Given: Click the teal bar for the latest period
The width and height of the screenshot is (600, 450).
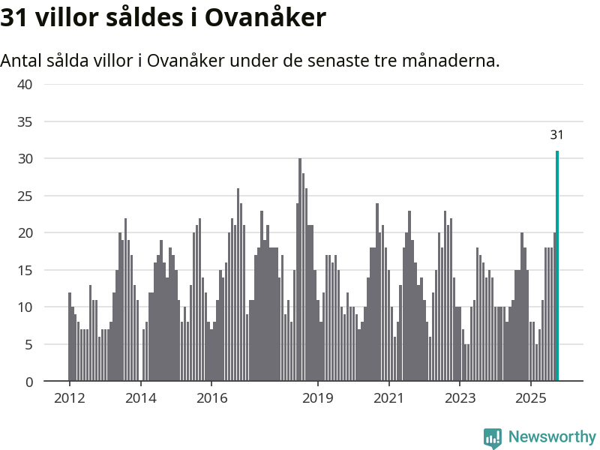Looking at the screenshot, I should (x=557, y=266).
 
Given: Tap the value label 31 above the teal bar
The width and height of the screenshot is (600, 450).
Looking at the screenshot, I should (x=556, y=136).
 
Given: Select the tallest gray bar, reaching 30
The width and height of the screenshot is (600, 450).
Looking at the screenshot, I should (x=300, y=270).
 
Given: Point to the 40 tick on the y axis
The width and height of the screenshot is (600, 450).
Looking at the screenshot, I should (x=25, y=85).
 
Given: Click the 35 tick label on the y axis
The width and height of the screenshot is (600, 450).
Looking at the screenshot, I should (x=25, y=121).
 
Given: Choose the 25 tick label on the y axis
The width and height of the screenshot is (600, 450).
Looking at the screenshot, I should (x=25, y=196).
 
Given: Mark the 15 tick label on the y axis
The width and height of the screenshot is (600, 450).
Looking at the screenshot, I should (x=25, y=270).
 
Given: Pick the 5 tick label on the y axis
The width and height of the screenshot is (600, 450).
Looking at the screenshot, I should (x=29, y=344).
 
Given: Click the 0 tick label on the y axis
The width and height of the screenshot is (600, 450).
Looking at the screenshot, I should (x=29, y=382).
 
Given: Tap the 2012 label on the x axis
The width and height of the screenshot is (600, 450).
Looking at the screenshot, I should (x=69, y=397).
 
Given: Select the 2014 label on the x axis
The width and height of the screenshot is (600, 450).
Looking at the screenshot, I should (x=140, y=397).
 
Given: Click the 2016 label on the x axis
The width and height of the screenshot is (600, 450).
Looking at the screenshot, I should (x=211, y=397).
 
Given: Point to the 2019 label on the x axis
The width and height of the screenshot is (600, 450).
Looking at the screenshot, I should (x=318, y=397).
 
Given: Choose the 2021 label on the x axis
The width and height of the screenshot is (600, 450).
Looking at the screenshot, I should (x=388, y=397).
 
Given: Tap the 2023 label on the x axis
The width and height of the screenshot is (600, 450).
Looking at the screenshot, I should (x=460, y=397).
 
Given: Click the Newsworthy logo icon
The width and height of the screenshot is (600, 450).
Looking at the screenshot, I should (x=492, y=438).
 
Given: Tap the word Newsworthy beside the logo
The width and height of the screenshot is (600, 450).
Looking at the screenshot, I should (x=552, y=437).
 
